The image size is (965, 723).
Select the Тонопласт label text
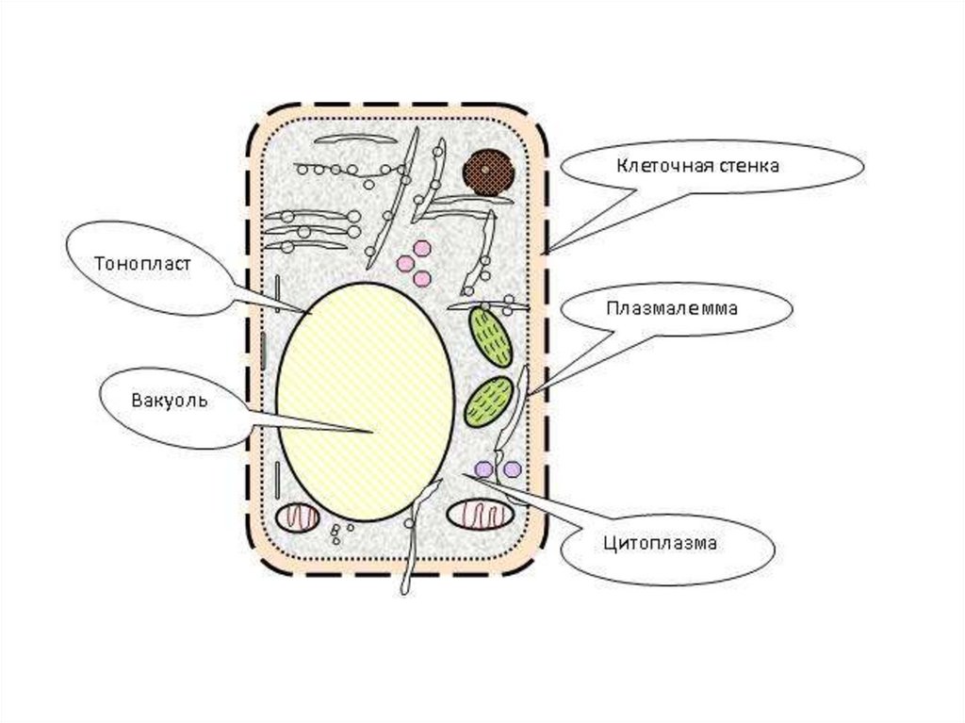(x=143, y=264)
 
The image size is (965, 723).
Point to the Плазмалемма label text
(x=671, y=308)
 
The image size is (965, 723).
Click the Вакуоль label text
(x=170, y=401)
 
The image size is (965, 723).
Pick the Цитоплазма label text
(x=660, y=543)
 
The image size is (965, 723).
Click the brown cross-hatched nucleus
(x=489, y=173)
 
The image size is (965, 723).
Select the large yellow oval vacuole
(x=366, y=403)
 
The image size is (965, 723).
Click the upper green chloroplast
(x=490, y=337)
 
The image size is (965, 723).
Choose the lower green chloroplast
(x=489, y=402)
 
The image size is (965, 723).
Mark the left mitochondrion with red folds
(x=297, y=518)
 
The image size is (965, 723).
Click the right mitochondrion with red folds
(x=480, y=515)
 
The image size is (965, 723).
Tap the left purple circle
(x=484, y=469)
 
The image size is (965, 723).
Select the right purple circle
(x=512, y=469)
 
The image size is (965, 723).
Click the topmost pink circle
(x=422, y=248)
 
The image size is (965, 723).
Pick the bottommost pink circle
(x=422, y=279)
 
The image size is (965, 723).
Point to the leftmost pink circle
(x=405, y=264)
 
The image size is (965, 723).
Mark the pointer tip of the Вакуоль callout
(x=374, y=432)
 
